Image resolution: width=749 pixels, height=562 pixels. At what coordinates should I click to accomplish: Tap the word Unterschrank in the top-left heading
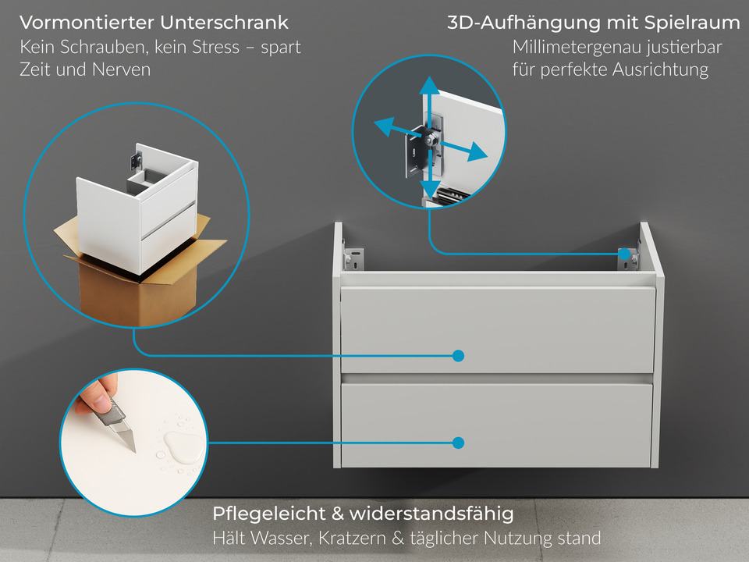pos(225,23)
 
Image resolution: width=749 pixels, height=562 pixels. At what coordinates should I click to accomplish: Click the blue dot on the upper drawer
pos(459,356)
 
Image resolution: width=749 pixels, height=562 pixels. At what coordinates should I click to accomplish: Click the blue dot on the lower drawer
pos(459,443)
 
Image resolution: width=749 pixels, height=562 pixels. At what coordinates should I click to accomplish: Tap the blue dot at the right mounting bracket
pos(624,254)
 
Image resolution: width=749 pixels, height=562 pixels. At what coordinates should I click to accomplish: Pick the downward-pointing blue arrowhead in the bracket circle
pos(428,190)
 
